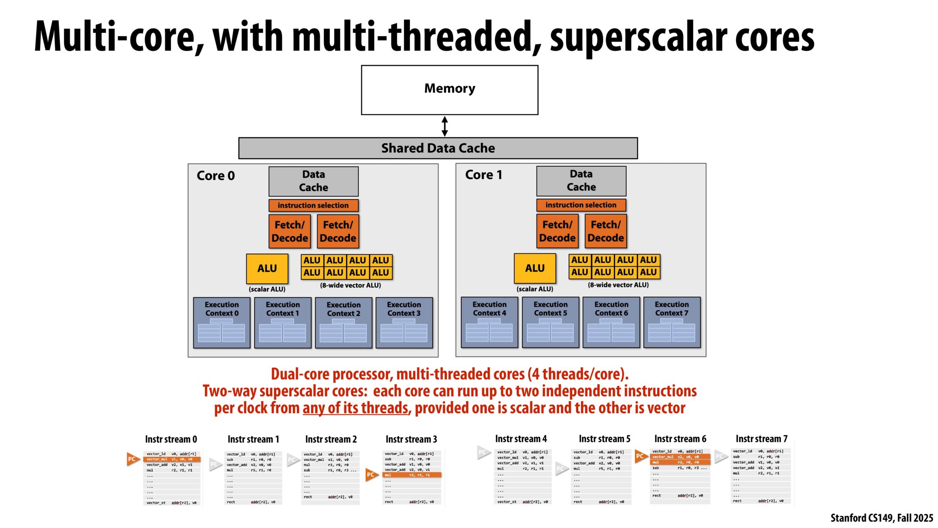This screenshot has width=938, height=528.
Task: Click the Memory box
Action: pos(449,90)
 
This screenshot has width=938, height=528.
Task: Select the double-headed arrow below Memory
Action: pos(445,126)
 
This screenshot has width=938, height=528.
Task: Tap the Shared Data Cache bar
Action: pos(438,148)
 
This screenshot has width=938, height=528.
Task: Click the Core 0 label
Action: pos(215,176)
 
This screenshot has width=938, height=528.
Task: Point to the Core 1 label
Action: pos(483,175)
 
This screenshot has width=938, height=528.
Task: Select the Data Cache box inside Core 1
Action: pos(581,181)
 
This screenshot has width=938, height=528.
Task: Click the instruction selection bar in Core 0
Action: pos(313,205)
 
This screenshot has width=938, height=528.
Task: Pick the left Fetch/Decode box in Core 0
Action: pos(289,231)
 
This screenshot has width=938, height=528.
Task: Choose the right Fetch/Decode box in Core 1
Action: pos(606,231)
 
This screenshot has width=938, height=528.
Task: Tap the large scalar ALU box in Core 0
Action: pos(267,268)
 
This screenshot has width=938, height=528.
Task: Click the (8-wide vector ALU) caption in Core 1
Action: pos(618,285)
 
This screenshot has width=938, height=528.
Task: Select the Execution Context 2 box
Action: pos(343,323)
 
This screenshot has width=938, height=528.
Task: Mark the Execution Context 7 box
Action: pos(672,322)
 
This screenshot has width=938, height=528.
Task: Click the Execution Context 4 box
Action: pos(489,322)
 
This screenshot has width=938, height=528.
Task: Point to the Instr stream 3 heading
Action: pos(411,439)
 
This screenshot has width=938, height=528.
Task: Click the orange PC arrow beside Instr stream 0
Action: pos(132,459)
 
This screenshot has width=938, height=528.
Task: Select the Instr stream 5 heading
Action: pos(604,439)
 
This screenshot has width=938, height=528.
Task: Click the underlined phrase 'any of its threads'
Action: pos(355,408)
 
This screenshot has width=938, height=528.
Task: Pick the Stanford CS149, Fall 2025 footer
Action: pos(881,518)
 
